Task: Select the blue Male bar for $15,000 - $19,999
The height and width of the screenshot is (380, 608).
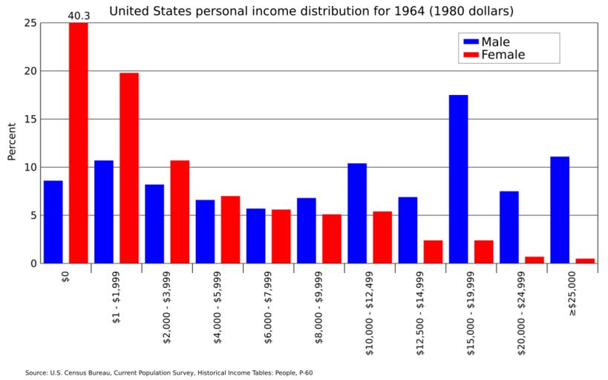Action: tap(458, 179)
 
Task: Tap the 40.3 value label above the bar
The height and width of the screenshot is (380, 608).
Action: tap(79, 16)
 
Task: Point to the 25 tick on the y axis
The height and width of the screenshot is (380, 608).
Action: tap(30, 23)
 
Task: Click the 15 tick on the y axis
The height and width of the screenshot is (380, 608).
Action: tap(30, 119)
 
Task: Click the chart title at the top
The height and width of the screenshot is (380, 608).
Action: tap(311, 11)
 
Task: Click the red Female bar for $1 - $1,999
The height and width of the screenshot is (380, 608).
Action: tap(129, 168)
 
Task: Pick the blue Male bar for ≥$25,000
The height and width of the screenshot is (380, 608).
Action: tap(560, 209)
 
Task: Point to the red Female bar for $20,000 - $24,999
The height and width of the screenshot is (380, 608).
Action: tap(535, 260)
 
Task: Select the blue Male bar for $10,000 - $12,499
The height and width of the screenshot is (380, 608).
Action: tap(357, 213)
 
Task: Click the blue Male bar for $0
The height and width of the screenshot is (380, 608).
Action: tap(53, 222)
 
